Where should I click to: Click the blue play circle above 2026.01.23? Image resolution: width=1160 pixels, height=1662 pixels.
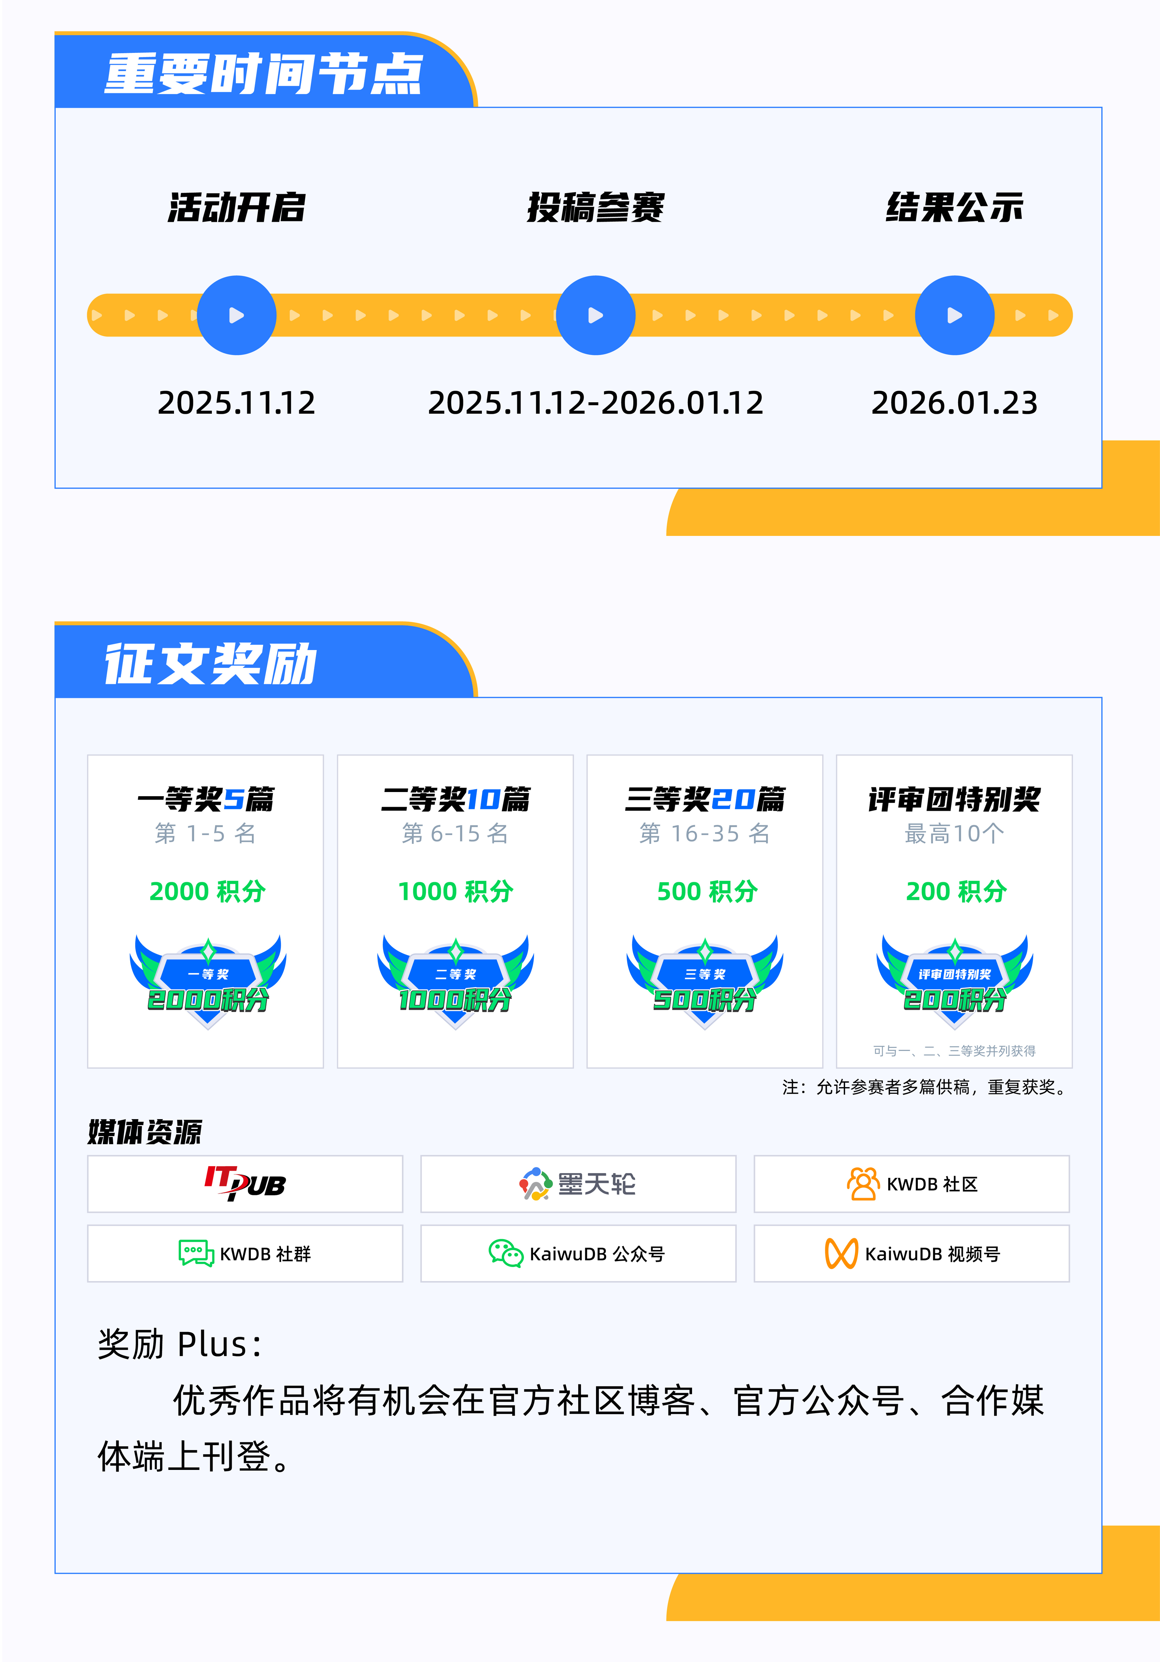[x=954, y=315]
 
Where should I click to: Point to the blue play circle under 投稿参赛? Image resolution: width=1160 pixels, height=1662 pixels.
[x=596, y=315]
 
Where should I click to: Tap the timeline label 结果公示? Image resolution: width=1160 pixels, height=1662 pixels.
[x=954, y=208]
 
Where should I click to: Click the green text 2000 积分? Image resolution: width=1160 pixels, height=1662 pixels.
[x=208, y=891]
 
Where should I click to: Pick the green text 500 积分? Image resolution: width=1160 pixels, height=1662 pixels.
[x=707, y=891]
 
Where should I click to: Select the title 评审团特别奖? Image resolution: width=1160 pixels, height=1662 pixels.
[x=954, y=799]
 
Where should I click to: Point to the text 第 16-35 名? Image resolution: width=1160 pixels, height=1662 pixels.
[x=705, y=833]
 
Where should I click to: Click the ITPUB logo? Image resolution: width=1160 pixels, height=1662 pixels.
[x=245, y=1184]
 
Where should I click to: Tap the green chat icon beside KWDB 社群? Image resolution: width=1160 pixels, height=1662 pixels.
[x=196, y=1253]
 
